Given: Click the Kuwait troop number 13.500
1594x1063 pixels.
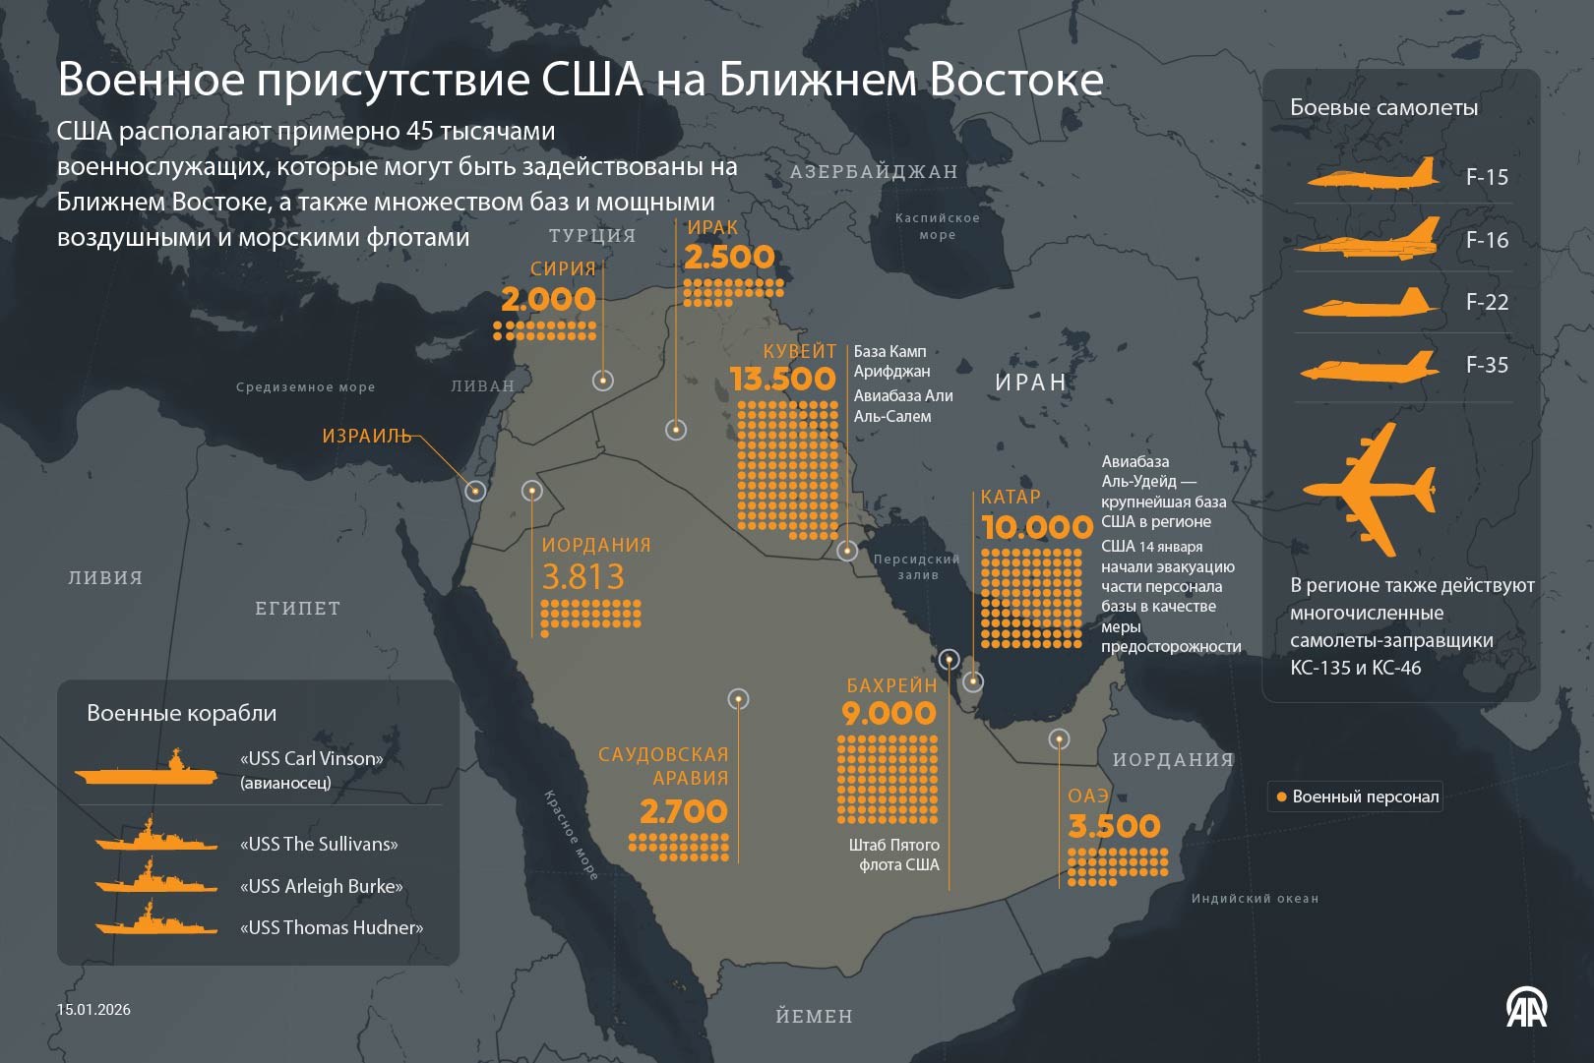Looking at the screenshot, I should [782, 380].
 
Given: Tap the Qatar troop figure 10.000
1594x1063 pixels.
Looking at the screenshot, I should [1037, 528].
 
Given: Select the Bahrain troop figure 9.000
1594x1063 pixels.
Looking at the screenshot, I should [889, 714].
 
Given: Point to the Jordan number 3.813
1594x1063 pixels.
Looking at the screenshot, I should [582, 577].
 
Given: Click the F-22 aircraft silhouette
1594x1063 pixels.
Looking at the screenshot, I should [1370, 303].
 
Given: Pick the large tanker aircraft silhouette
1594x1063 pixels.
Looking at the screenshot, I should [1370, 489].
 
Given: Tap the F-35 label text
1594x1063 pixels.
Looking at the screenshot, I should [1487, 365].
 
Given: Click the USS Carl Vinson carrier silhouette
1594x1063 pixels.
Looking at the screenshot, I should [148, 770].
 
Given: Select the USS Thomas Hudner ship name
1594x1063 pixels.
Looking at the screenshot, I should [332, 927].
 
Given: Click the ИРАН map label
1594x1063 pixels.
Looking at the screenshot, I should [1030, 383].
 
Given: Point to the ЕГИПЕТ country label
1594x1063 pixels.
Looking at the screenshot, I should [297, 609].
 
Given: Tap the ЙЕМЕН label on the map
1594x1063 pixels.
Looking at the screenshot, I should [814, 1016].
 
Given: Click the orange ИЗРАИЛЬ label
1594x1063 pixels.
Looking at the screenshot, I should [366, 436].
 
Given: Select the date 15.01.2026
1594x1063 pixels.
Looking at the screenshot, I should [93, 1009].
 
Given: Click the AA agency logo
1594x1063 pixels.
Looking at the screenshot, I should [1526, 1008].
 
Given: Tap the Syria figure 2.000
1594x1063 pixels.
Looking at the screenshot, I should [548, 300].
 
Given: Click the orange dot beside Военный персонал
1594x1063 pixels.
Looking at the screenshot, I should [1281, 797].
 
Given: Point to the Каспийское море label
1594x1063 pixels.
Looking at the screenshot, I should [937, 226].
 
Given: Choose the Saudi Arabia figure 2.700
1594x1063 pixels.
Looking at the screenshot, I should [683, 812].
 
